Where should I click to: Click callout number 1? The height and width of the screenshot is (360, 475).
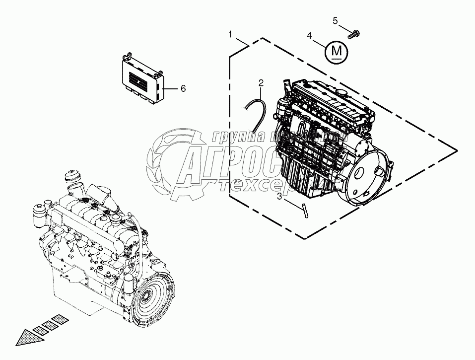pyautogui.click(x=230, y=34)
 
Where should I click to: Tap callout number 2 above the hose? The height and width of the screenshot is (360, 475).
pyautogui.click(x=261, y=82)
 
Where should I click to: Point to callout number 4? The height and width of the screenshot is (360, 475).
pyautogui.click(x=309, y=36)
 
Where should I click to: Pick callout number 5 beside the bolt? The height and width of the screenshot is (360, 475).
pyautogui.click(x=335, y=20)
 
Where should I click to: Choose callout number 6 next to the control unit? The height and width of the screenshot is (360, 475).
pyautogui.click(x=183, y=88)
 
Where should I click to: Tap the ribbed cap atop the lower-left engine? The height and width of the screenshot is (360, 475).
pyautogui.click(x=72, y=177)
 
